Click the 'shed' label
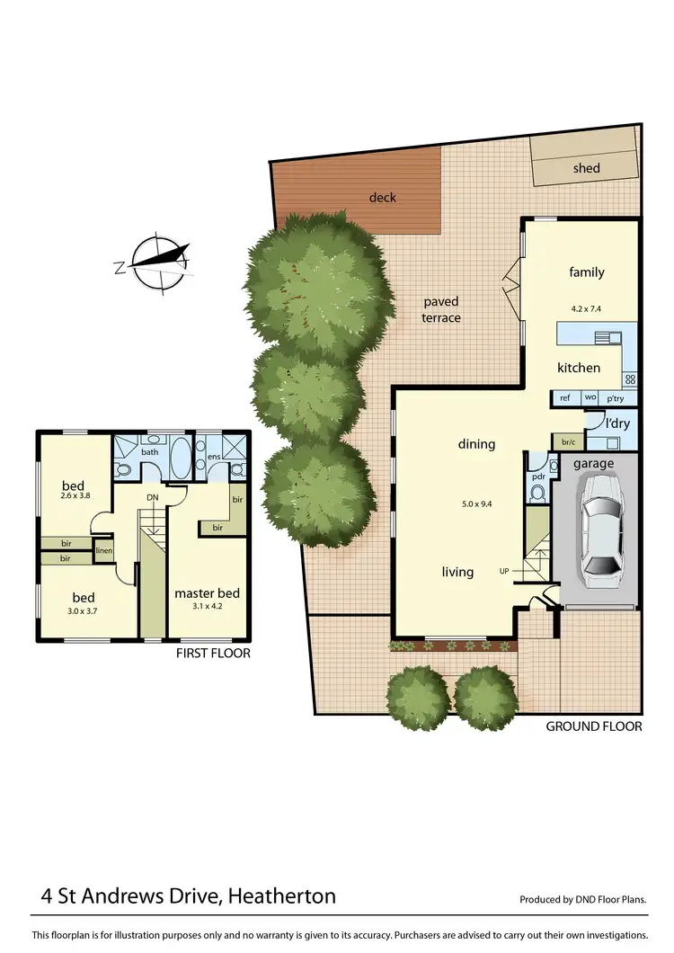click(586, 168)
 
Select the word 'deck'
click(382, 198)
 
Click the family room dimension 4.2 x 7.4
click(586, 308)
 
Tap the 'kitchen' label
click(578, 368)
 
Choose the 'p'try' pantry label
click(616, 397)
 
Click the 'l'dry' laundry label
click(616, 422)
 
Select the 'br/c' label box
click(567, 442)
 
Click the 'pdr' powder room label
click(538, 476)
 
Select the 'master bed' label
click(207, 593)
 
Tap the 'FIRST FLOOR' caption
click(214, 654)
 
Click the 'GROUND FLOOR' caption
click(594, 726)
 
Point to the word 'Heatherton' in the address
click(281, 895)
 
